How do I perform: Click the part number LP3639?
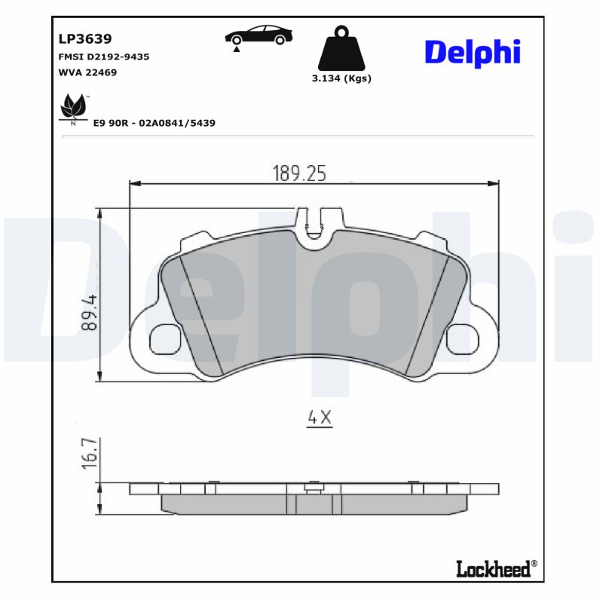pyautogui.click(x=80, y=38)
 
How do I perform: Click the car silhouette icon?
pyautogui.click(x=259, y=36)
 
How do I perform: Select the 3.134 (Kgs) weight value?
pyautogui.click(x=341, y=78)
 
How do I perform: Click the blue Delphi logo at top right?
pyautogui.click(x=473, y=52)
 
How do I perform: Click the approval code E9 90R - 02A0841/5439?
pyautogui.click(x=154, y=122)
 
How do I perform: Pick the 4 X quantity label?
pyautogui.click(x=319, y=417)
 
